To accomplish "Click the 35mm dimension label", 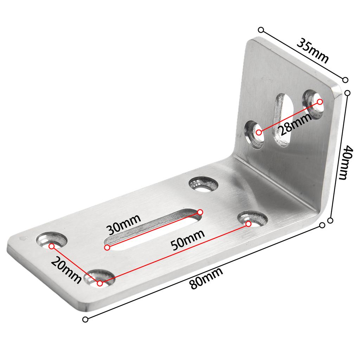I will (x=312, y=51).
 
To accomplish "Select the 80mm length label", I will (x=206, y=278).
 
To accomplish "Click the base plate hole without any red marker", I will (x=204, y=185).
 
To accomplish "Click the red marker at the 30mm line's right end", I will (x=200, y=212).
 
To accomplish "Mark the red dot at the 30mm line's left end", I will (x=107, y=247).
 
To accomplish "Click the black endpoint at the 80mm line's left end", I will (x=85, y=319).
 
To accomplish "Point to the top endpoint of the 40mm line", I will (x=348, y=93).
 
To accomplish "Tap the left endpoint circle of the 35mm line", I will (x=261, y=30).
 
